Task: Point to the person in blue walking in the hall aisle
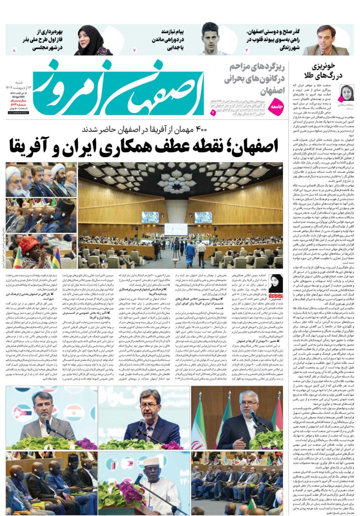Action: click(x=190, y=252)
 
